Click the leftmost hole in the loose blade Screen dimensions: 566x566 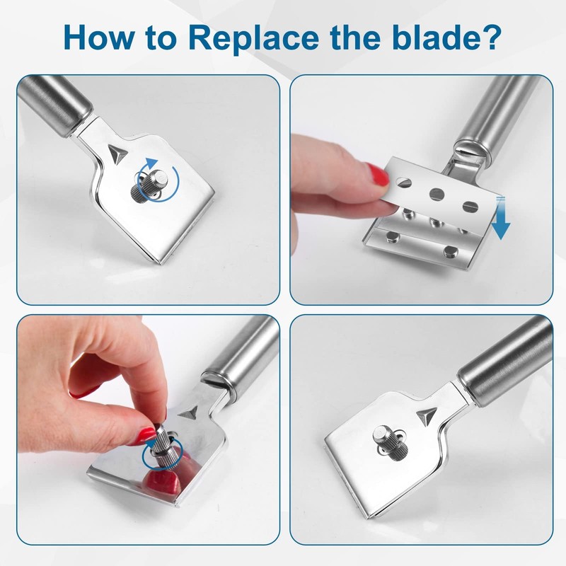(x=403, y=183)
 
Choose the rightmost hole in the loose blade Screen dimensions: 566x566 (x=467, y=206)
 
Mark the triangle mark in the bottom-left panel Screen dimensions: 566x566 (x=190, y=412)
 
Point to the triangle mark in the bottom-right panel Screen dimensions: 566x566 (x=426, y=413)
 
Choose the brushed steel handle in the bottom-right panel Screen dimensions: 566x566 (x=506, y=361)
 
